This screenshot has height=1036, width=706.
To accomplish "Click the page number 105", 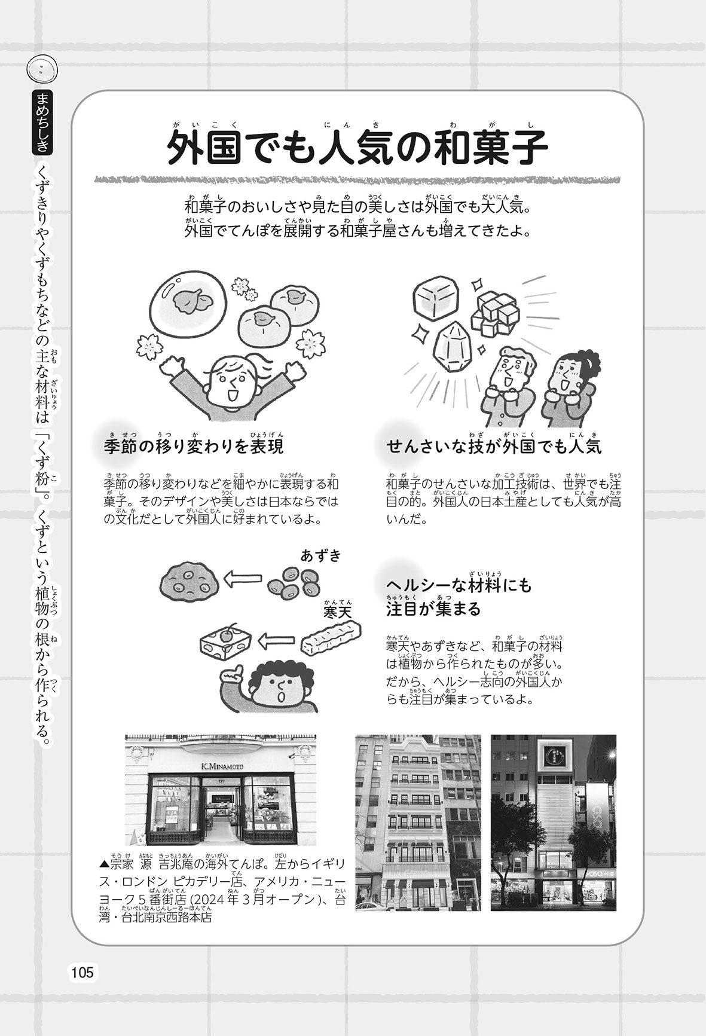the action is [x=82, y=973].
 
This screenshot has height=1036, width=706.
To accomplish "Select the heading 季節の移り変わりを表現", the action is [x=193, y=447].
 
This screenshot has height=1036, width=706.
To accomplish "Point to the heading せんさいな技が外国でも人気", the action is [x=494, y=447].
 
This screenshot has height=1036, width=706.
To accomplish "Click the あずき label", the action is [x=320, y=556].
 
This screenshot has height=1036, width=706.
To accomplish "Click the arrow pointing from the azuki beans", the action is [x=242, y=579].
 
